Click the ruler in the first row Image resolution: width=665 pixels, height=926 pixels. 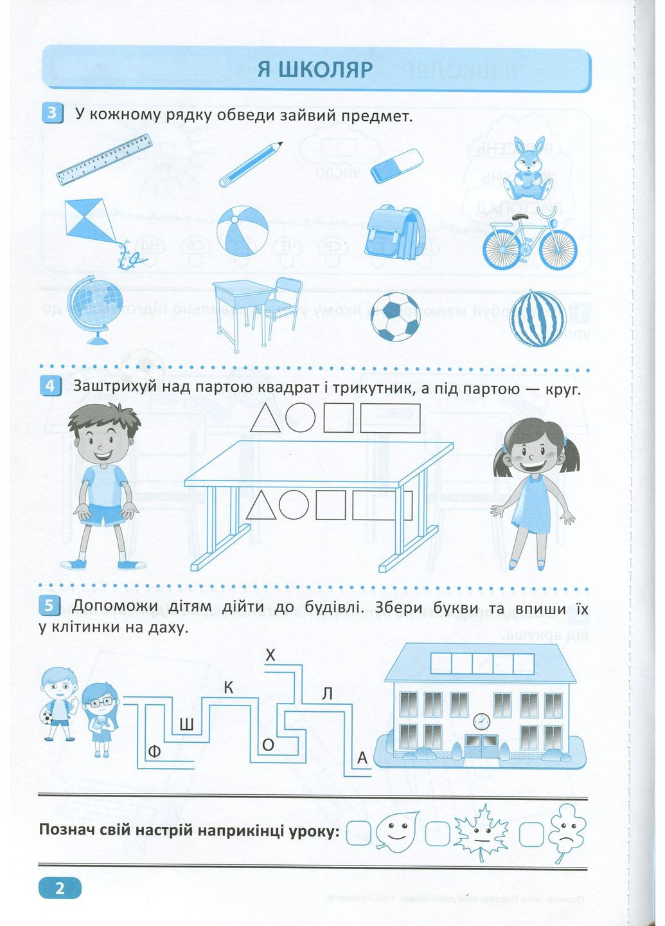click(x=104, y=159)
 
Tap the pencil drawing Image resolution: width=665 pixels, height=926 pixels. click(x=251, y=164)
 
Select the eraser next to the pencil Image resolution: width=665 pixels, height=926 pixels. click(x=396, y=166)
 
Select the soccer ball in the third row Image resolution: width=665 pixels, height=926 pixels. click(x=395, y=316)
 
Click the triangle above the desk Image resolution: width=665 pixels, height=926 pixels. click(x=265, y=419)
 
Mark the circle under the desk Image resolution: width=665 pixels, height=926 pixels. click(x=294, y=505)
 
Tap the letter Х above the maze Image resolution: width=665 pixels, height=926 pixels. click(x=270, y=655)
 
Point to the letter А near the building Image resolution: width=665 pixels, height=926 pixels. click(x=362, y=758)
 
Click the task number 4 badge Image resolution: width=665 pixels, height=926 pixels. click(x=50, y=385)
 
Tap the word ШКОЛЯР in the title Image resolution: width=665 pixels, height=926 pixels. click(x=326, y=69)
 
